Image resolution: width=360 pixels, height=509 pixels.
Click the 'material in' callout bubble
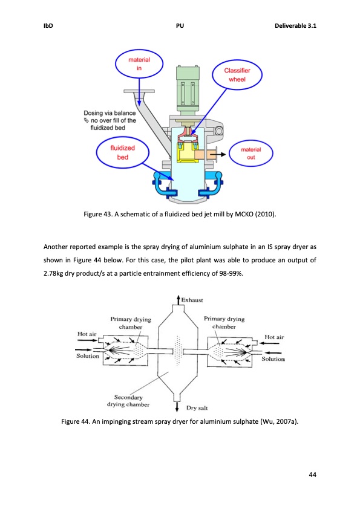coord(139,65)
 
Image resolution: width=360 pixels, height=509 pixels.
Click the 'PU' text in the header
coord(180,26)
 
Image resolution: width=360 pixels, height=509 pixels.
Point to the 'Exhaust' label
coord(192,300)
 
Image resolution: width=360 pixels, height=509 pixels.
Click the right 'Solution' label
coord(275,359)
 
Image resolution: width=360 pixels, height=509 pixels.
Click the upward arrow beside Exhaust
coord(176,300)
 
